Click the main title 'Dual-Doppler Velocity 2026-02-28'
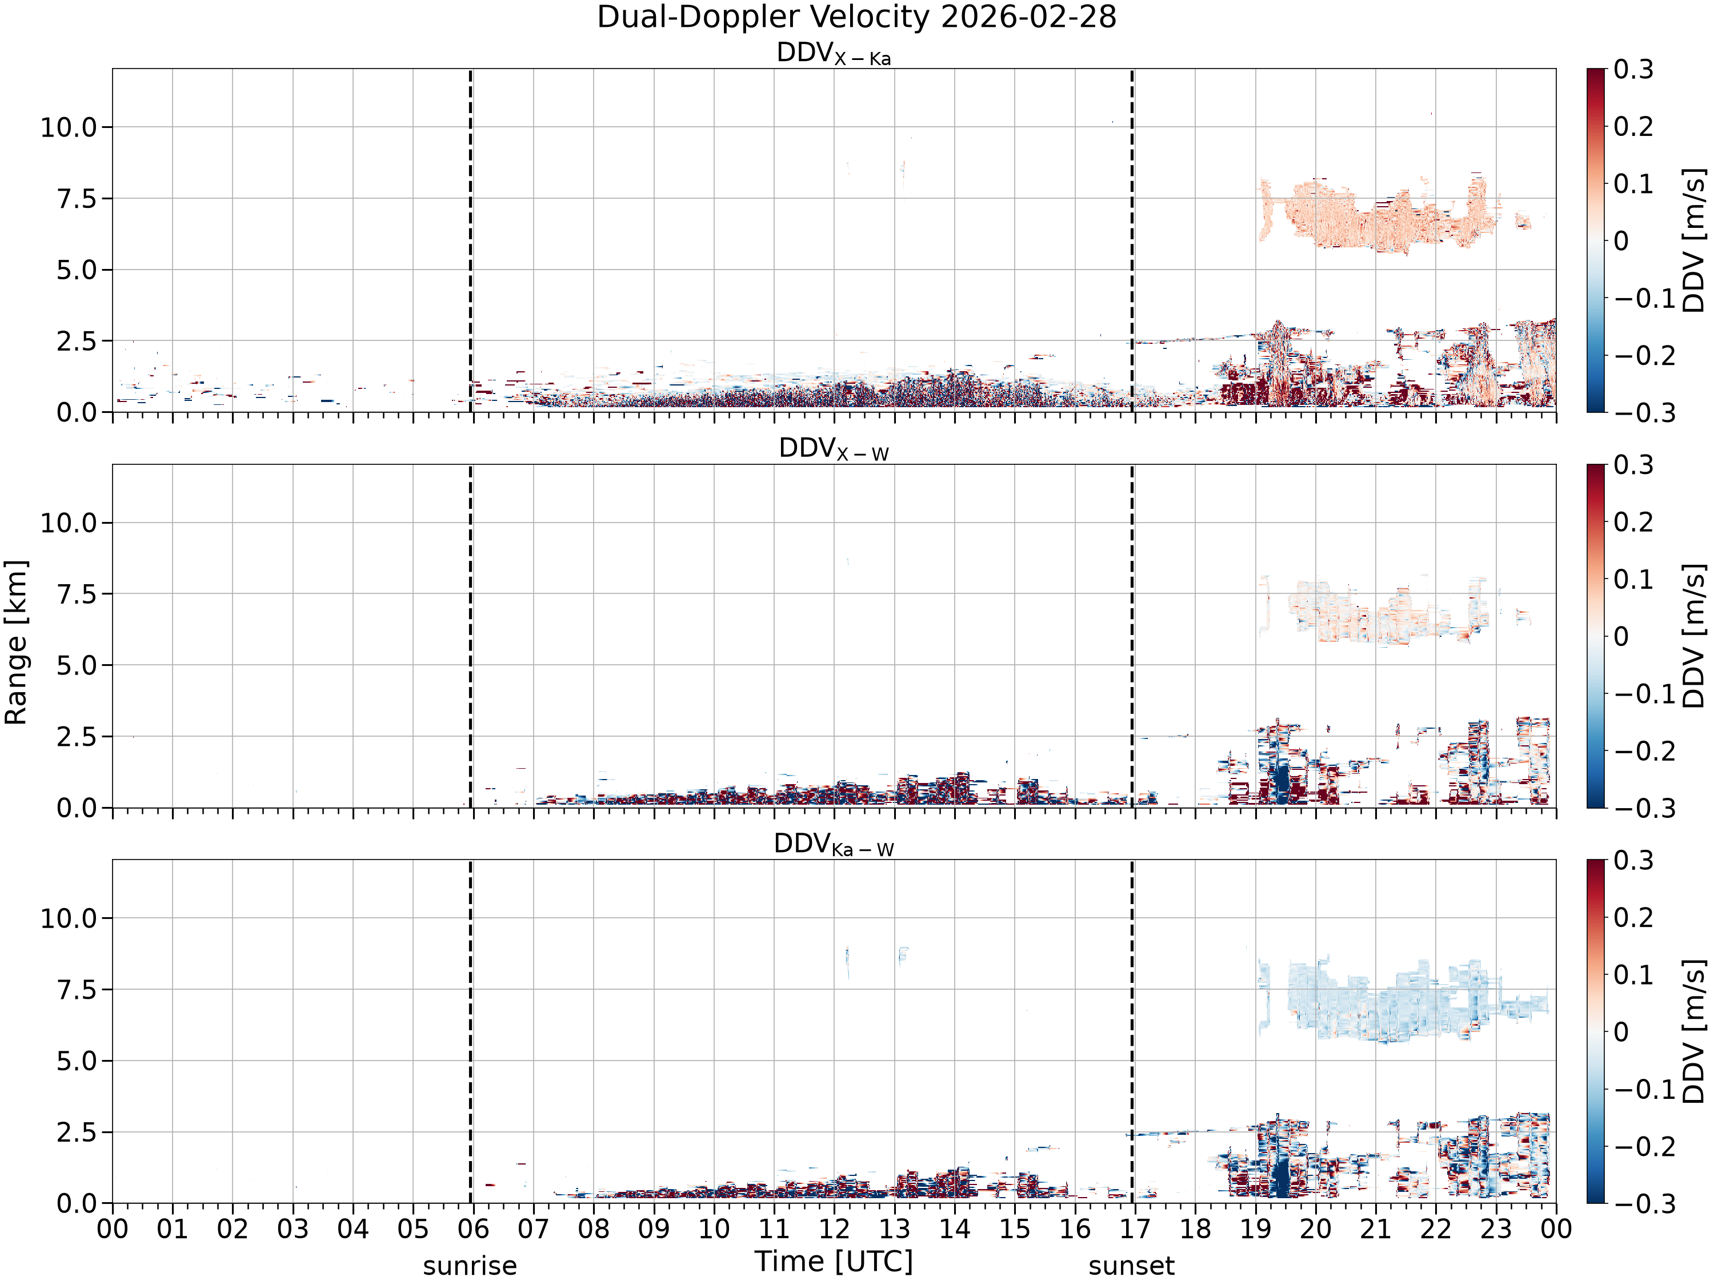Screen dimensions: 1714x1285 click(x=856, y=17)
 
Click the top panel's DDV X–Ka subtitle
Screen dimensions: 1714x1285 click(x=834, y=54)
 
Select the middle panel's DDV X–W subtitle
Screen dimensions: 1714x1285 click(x=834, y=449)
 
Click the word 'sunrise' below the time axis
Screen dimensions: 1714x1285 click(x=470, y=1266)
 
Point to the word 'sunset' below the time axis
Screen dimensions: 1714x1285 click(x=1131, y=1266)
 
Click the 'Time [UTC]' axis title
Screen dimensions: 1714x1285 click(x=834, y=1261)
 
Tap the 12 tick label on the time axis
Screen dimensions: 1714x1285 click(x=835, y=1229)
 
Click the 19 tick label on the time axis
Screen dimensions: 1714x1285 click(x=1255, y=1229)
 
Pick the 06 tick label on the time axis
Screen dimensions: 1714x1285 click(x=474, y=1229)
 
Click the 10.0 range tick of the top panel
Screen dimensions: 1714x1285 click(x=69, y=127)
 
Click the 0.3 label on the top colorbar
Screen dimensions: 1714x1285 click(x=1633, y=70)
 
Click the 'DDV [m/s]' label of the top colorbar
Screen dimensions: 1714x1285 click(x=1695, y=240)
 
